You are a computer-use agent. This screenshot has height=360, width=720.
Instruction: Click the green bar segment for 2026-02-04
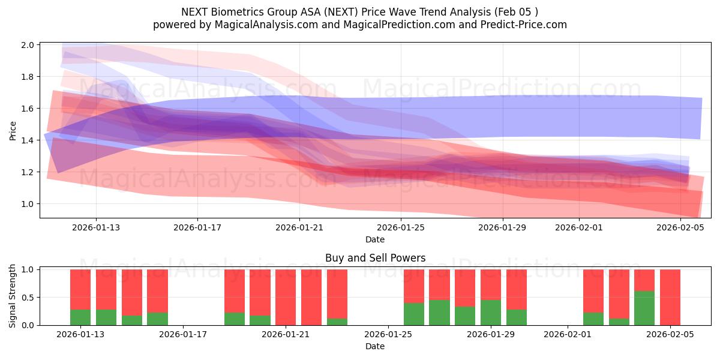pos(644,308)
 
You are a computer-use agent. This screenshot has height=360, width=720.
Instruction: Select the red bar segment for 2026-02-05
pos(670,297)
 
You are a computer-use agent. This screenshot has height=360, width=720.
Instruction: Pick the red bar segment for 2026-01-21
pos(286,297)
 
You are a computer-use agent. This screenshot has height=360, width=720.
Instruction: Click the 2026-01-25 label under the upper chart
pos(401,227)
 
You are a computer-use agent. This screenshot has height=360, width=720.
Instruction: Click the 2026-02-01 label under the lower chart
pos(566,334)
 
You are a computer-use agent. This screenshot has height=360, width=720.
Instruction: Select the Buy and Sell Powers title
pos(375,258)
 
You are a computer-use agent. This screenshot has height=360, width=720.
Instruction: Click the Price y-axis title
pos(13,130)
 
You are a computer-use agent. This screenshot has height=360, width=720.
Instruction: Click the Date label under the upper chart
pos(375,239)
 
